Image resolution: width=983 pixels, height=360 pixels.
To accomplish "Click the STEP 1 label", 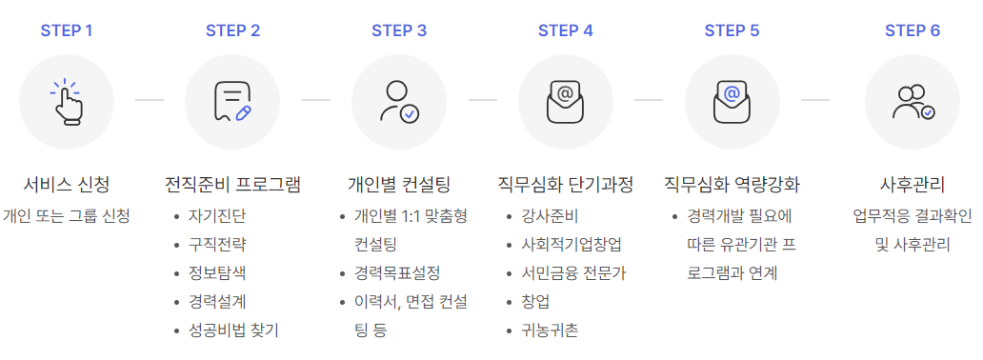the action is tap(67, 30).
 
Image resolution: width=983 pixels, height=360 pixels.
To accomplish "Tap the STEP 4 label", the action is tap(566, 30).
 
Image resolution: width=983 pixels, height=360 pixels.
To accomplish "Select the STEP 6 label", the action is tap(913, 30).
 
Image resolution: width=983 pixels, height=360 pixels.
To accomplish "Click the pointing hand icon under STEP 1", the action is tap(67, 102).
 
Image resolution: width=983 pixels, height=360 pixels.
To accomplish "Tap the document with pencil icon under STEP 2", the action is tap(232, 102).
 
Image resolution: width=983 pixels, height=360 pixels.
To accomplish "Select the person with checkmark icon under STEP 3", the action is tap(399, 102).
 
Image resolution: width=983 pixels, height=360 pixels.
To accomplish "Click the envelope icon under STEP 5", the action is tap(732, 102).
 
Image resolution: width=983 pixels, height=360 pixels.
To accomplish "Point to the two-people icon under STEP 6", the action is tap(913, 102).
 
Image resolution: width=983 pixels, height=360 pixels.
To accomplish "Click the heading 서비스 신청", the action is tap(67, 184).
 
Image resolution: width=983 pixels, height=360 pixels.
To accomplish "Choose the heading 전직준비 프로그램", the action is tap(232, 184).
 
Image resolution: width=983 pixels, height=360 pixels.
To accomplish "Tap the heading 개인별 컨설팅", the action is tap(399, 184).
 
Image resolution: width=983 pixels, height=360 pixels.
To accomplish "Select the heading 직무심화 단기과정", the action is tap(566, 184).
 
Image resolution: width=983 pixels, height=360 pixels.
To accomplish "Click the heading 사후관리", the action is tap(913, 184).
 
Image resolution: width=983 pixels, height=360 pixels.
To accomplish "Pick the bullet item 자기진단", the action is tap(217, 215).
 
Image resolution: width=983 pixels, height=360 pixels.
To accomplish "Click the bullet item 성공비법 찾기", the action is tap(233, 330).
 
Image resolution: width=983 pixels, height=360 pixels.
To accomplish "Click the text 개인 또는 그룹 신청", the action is tap(67, 215).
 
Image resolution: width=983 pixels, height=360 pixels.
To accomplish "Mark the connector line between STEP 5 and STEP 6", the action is tap(815, 99).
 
